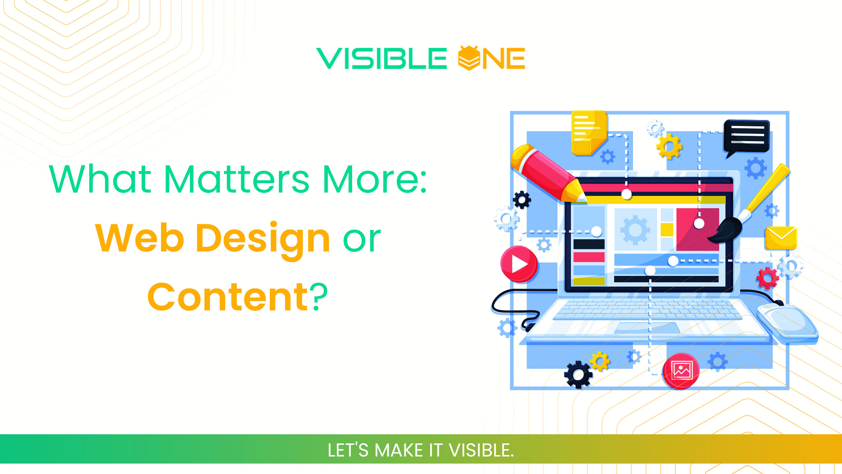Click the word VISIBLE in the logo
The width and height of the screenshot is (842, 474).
[x=381, y=58]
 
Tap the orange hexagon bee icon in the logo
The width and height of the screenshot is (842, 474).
[x=468, y=58]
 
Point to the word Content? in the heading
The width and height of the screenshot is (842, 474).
[x=237, y=297]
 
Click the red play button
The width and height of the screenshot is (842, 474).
[x=519, y=264]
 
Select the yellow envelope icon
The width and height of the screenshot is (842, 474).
[x=781, y=238]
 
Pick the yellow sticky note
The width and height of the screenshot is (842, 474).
[x=589, y=133]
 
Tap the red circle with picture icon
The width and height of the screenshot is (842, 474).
[x=681, y=371]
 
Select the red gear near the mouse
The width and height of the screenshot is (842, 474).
[x=767, y=278]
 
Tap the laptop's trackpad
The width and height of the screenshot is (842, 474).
[x=647, y=328]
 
